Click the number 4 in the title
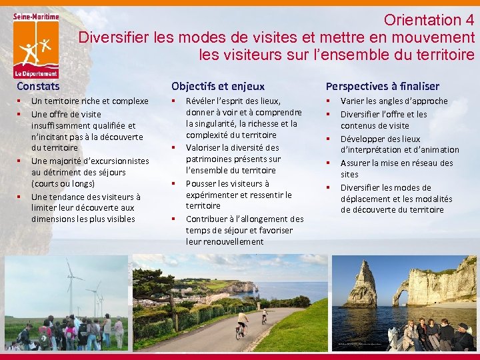click(469, 20)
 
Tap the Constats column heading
click(38, 86)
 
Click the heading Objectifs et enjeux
click(217, 86)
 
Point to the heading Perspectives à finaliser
click(382, 86)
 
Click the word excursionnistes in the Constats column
click(112, 161)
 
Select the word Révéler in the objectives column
click(200, 101)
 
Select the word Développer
click(363, 139)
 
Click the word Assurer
click(356, 163)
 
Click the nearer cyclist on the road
click(242, 324)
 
